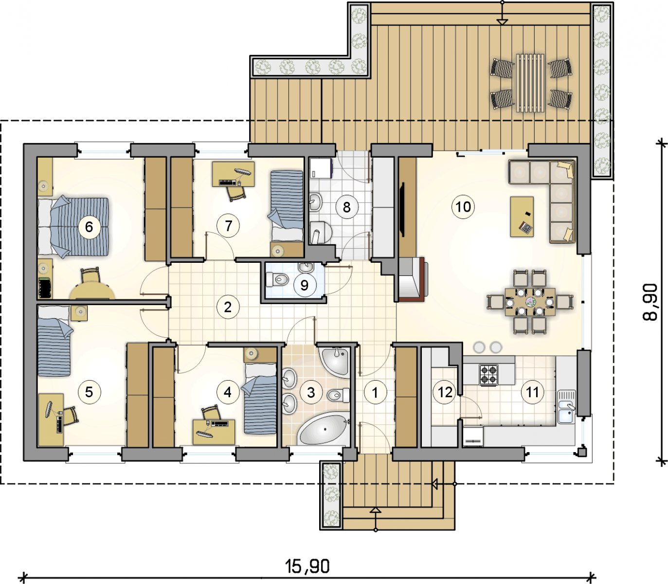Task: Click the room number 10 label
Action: (x=463, y=207)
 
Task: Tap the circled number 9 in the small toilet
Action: (x=304, y=285)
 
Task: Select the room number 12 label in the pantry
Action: (x=445, y=392)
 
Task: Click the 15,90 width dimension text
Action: (x=307, y=566)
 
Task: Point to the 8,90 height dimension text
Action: (x=650, y=302)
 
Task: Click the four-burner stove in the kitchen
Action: (x=488, y=374)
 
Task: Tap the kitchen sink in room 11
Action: (x=566, y=407)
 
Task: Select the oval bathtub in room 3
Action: (x=324, y=429)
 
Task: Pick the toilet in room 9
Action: (x=277, y=279)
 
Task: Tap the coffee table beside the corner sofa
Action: (x=522, y=216)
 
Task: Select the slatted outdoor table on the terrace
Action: (x=530, y=83)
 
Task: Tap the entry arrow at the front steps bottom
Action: (x=376, y=519)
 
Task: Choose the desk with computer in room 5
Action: (x=51, y=420)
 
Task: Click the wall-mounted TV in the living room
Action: (x=402, y=209)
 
